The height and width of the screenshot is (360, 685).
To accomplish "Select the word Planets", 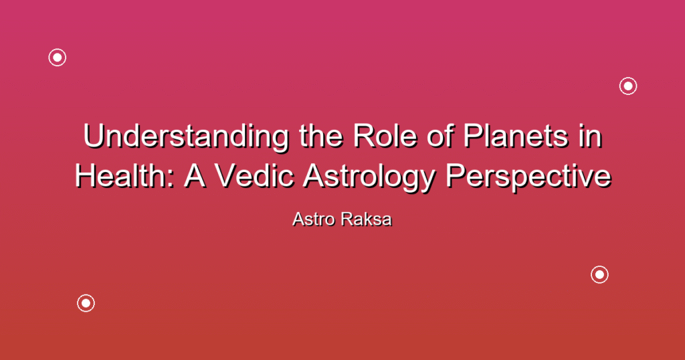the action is click(516, 136).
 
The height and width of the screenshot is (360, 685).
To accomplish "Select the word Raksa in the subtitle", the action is click(367, 219).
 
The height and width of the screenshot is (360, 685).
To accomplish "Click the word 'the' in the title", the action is click(321, 136).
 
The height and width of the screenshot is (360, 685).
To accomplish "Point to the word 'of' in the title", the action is click(439, 136).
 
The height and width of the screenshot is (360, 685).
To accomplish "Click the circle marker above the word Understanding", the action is click(58, 58).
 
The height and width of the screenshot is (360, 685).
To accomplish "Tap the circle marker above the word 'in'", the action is click(628, 86).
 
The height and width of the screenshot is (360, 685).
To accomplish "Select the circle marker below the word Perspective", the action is click(599, 274).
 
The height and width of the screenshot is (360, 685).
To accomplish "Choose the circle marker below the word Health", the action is click(86, 302).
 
